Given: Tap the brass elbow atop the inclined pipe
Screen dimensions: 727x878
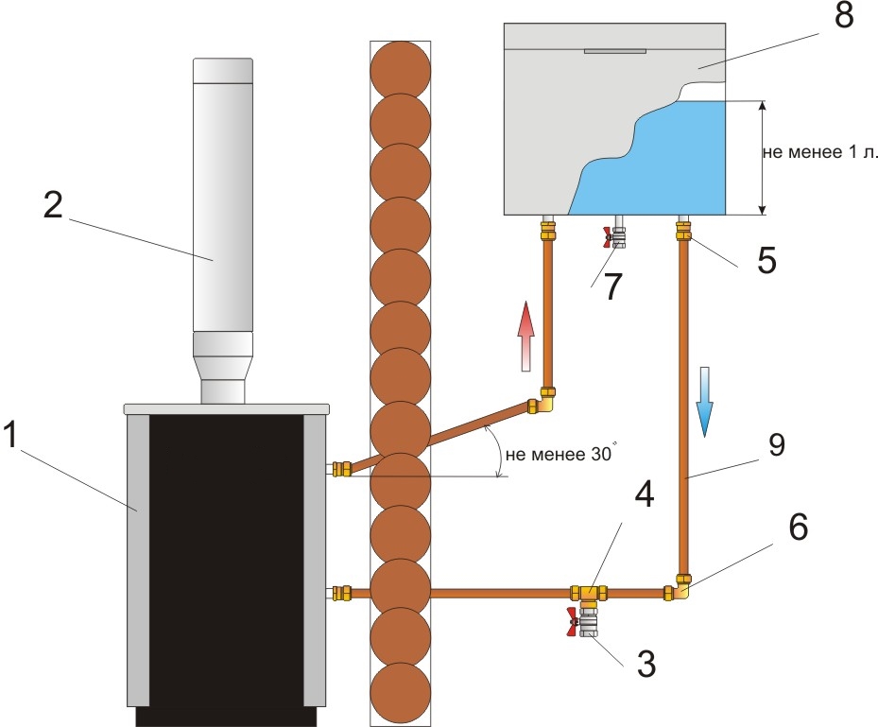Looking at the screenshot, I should [544, 402].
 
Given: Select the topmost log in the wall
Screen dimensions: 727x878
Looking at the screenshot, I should [400, 68].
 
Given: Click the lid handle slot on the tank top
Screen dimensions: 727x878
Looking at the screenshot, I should [615, 52].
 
